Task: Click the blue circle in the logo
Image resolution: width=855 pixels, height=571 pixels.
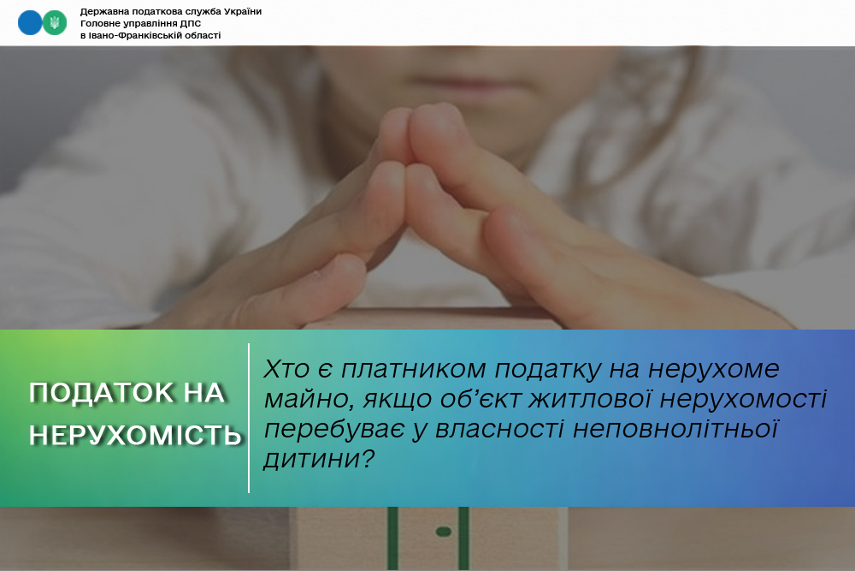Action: tap(30, 23)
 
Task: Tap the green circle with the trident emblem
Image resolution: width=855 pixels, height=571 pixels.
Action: tap(55, 23)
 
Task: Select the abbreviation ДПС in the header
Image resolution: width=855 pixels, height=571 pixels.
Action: tap(191, 23)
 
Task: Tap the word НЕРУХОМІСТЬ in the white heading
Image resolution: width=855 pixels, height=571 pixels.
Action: tap(135, 435)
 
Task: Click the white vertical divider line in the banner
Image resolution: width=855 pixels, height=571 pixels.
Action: tap(249, 418)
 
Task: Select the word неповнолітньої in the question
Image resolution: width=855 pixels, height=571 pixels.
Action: tap(675, 429)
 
